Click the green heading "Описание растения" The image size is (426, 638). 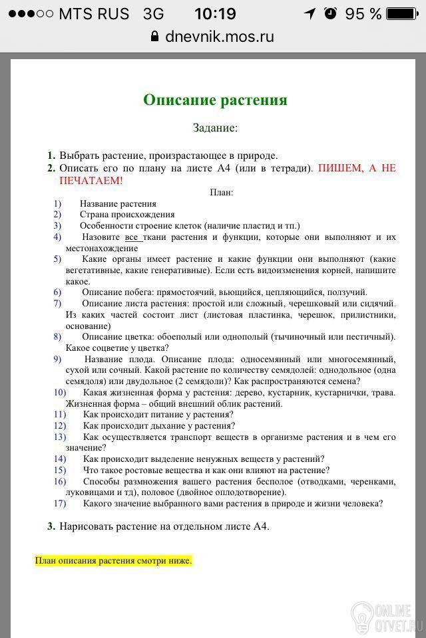(215, 100)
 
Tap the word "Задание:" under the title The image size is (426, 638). (215, 128)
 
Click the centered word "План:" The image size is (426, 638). (221, 193)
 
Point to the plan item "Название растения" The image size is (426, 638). (118, 204)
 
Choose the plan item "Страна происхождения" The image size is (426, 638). (127, 215)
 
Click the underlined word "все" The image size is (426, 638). (131, 237)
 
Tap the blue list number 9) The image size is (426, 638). (57, 359)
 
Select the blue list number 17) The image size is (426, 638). (60, 504)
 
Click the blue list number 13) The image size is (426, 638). (60, 437)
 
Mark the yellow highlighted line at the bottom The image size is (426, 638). (113, 561)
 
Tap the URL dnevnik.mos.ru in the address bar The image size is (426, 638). (220, 36)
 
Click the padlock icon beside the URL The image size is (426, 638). (156, 36)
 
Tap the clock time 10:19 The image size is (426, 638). (215, 13)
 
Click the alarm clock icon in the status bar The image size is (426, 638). (331, 13)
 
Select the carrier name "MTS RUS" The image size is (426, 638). (94, 13)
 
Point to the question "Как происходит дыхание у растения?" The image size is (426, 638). (159, 425)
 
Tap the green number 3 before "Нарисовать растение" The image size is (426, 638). (51, 526)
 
